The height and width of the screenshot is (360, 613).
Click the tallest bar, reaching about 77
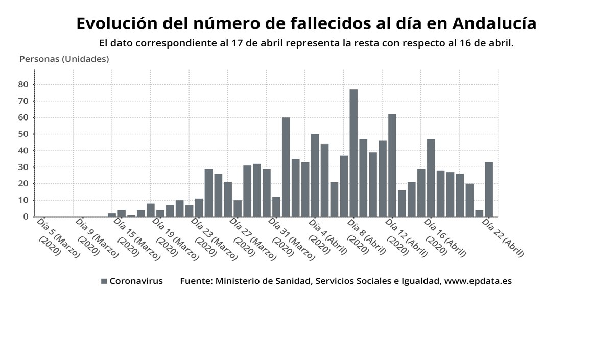tap(353, 153)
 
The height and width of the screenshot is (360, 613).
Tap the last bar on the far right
tap(489, 189)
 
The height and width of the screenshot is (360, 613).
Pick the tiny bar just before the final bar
tap(479, 213)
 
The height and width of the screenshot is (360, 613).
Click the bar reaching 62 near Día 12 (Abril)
tap(392, 165)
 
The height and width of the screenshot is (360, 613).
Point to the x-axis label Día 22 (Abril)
tap(503, 237)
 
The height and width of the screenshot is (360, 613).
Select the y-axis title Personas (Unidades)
tap(64, 59)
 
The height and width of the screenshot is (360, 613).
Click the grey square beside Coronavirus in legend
tap(104, 281)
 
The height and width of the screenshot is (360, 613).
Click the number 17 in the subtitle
tap(235, 43)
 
